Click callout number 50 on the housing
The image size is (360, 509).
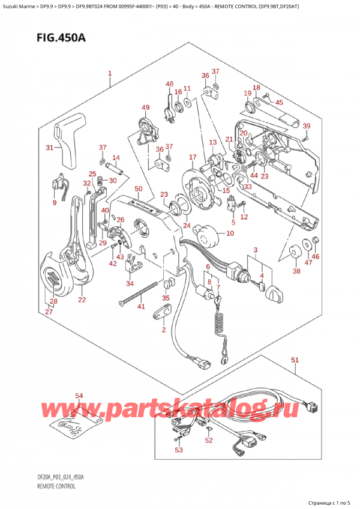(x=139, y=189)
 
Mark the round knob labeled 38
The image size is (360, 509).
(x=295, y=254)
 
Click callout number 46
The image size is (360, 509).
(x=316, y=257)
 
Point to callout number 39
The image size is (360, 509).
(x=307, y=125)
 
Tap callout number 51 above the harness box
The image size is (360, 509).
(x=295, y=360)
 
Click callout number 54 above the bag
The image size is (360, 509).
(x=79, y=396)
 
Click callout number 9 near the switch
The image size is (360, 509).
(x=54, y=202)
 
